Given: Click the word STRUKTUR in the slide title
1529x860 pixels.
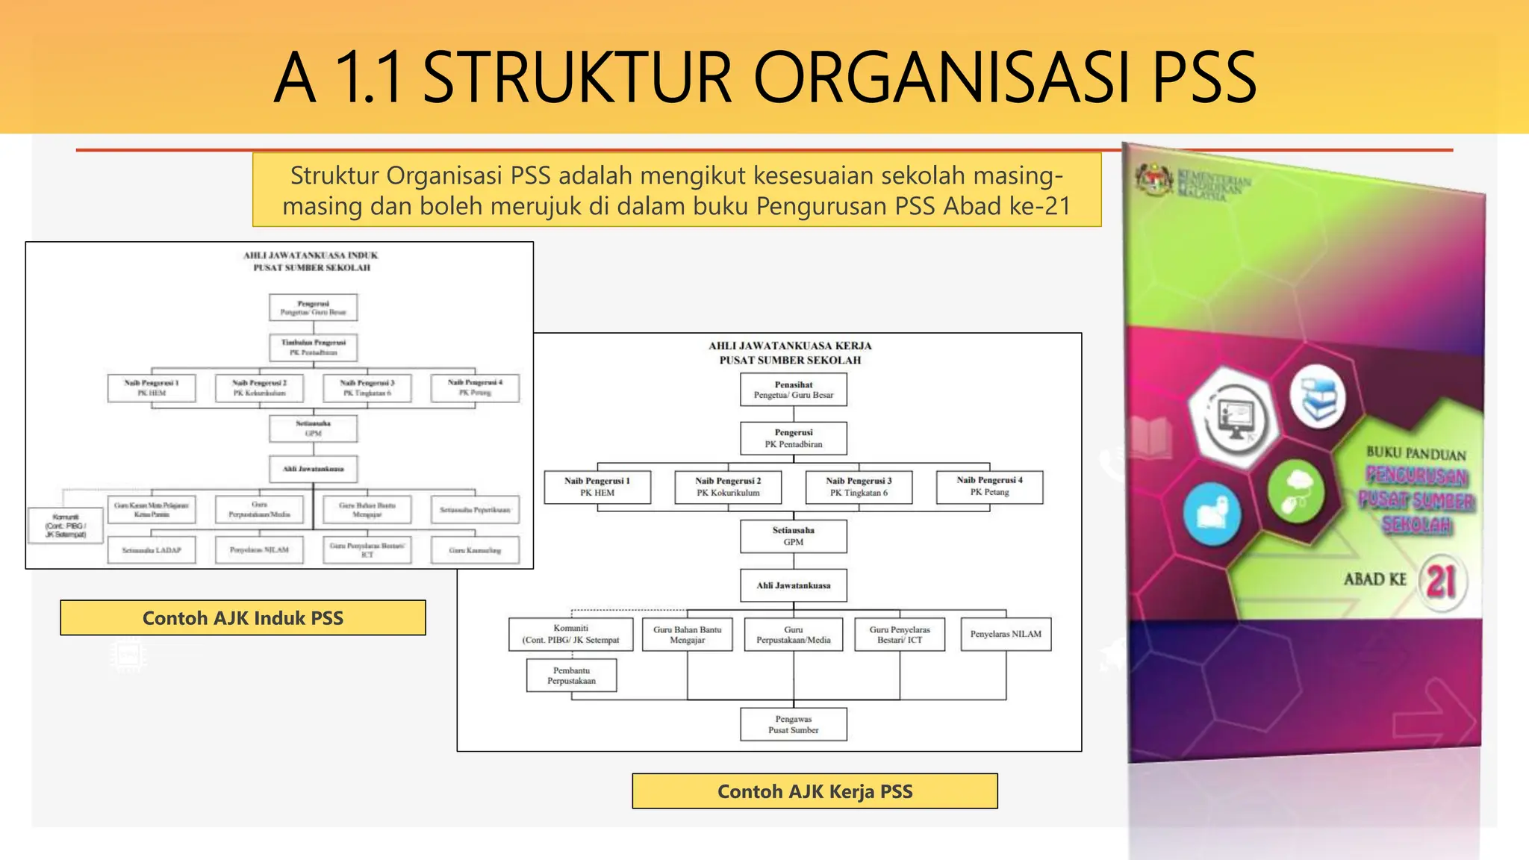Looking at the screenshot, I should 577,77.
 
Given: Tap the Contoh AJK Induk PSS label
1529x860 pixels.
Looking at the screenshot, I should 243,618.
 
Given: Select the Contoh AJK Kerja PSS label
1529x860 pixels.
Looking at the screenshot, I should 815,791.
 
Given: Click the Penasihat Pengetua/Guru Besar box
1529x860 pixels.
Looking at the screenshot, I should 793,390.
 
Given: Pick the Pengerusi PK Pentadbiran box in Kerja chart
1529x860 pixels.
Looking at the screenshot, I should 793,438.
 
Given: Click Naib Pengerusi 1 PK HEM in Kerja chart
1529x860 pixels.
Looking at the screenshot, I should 597,487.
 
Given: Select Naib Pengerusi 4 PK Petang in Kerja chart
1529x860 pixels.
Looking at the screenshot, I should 989,486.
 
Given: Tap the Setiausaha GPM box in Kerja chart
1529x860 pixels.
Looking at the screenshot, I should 793,536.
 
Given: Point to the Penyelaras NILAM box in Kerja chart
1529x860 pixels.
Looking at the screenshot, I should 1005,634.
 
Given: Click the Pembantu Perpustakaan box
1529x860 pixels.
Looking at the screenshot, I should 571,676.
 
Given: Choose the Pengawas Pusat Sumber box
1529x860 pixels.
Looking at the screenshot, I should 793,724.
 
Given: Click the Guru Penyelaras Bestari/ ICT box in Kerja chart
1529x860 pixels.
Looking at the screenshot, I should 899,635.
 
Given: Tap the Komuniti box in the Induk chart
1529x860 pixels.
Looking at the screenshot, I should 66,525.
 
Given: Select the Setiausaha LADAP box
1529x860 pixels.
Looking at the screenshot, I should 152,550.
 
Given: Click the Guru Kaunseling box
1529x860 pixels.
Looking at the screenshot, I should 475,550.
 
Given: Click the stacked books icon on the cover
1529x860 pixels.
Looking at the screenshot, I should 1318,396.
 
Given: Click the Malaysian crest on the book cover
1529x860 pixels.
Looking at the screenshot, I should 1154,178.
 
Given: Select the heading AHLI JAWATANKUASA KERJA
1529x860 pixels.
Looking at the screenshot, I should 790,346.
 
